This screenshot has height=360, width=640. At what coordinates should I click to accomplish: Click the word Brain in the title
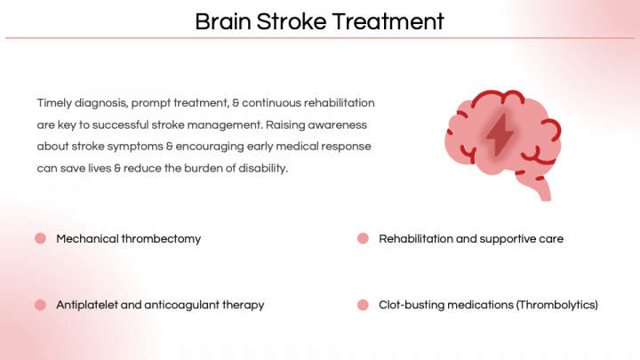click(223, 21)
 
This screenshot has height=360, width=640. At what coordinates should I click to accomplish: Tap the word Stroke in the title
click(292, 21)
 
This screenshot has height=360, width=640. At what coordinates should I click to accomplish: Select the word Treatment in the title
click(388, 21)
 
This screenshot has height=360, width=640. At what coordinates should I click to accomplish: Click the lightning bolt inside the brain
click(500, 135)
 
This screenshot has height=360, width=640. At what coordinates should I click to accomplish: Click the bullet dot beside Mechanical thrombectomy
click(40, 238)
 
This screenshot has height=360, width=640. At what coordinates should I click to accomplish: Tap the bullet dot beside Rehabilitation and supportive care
click(363, 238)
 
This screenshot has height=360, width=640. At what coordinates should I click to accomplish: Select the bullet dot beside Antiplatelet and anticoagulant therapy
click(40, 305)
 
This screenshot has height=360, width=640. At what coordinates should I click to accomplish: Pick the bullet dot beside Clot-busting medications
click(363, 305)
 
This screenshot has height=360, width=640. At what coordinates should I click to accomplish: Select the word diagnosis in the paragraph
click(101, 103)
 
